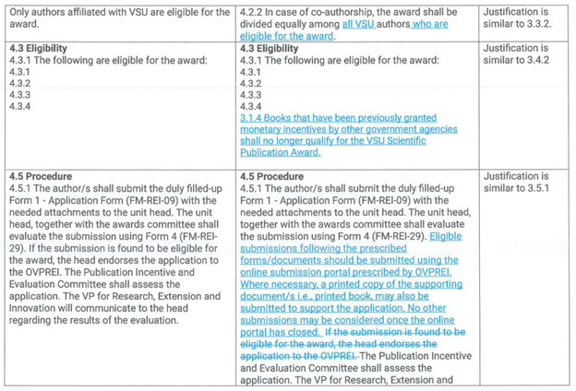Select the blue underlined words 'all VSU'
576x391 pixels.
pyautogui.click(x=363, y=24)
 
